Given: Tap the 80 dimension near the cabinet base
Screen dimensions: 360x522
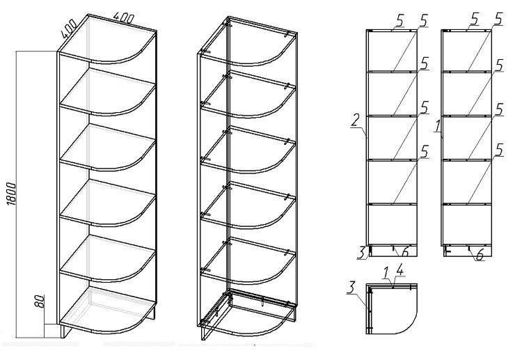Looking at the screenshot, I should click(x=40, y=302).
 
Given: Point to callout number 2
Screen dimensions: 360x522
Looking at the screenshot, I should click(x=355, y=121).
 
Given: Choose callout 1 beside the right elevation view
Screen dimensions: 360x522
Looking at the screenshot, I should click(x=436, y=127).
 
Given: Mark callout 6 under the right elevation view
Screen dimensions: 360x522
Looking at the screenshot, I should click(x=480, y=256).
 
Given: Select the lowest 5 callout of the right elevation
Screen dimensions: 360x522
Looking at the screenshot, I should click(x=499, y=149).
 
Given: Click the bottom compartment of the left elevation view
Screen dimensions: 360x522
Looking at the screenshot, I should click(x=392, y=223).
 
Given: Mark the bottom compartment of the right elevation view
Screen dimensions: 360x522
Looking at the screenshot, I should click(x=468, y=223).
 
